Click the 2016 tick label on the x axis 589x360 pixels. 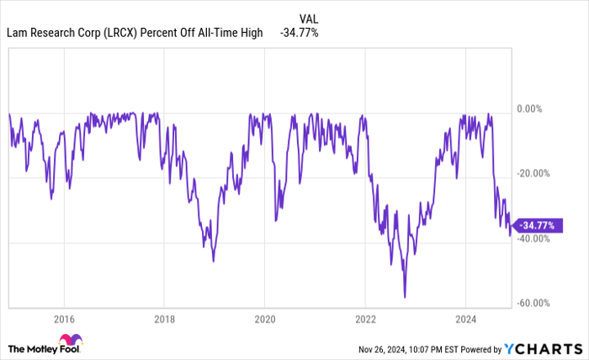64,319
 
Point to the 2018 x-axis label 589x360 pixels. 164,319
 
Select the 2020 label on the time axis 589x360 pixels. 264,319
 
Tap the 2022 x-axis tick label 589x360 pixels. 364,319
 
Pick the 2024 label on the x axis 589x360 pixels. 464,319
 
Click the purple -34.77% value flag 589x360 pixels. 535,225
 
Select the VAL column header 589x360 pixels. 308,17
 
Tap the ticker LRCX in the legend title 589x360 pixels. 123,33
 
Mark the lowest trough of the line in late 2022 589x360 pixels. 405,296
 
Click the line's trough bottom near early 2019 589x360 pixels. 213,261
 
